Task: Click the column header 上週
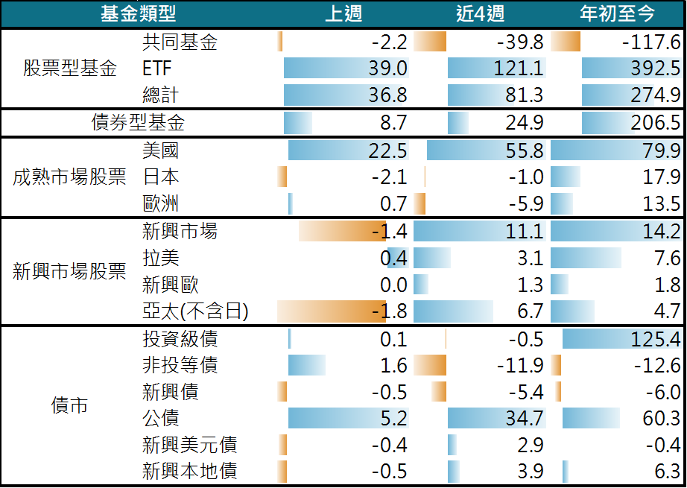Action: pos(343,13)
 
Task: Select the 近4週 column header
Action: pos(480,13)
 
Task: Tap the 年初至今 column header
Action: pos(618,13)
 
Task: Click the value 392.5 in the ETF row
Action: pos(653,69)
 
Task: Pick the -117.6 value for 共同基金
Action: pos(650,42)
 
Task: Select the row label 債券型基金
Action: pos(138,122)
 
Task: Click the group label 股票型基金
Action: pos(70,69)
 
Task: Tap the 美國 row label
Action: pos(160,151)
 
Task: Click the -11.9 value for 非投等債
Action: pos(520,366)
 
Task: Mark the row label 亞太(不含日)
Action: pos(195,311)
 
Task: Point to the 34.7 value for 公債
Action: pos(524,418)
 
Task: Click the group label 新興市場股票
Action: pos(69,272)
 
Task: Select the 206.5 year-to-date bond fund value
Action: pos(653,122)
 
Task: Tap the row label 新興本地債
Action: pos(189,471)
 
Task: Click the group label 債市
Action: pos(69,405)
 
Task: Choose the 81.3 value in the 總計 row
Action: pos(524,95)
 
